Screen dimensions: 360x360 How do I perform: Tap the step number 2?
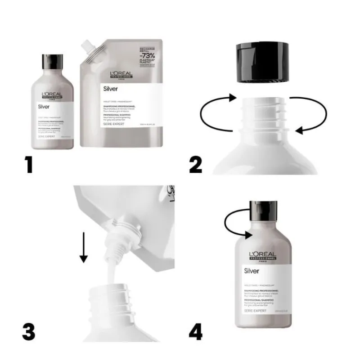[x=196, y=164]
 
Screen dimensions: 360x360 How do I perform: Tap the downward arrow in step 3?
[x=84, y=247]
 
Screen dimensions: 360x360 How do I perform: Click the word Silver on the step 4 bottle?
[x=251, y=271]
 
